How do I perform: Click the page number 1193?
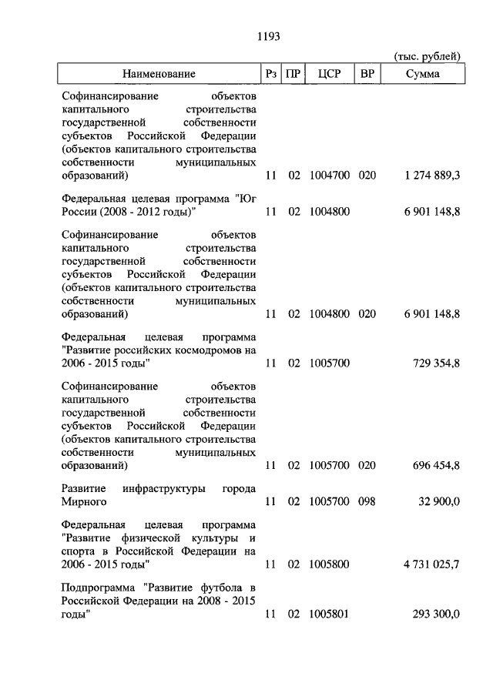point(267,35)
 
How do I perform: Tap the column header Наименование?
point(158,74)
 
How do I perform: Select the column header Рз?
point(270,74)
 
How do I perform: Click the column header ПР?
point(293,74)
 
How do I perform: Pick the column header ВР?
point(367,74)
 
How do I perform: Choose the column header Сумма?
point(423,74)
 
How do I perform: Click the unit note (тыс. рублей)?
point(427,56)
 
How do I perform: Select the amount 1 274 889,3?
point(431,176)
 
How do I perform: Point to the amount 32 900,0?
point(439,502)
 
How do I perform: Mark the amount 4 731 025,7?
point(431,564)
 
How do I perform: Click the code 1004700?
point(330,176)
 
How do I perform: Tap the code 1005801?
point(330,614)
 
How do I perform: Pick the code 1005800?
point(330,564)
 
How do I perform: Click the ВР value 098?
point(367,502)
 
